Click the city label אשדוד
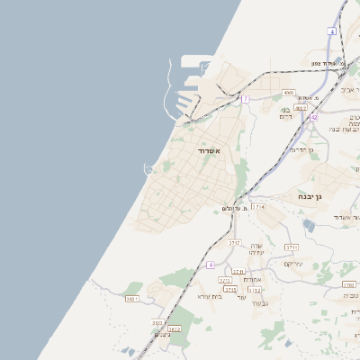point(209,151)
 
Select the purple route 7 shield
point(244,98)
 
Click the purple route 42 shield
point(313,117)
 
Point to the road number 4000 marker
point(289,92)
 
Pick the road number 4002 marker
point(301,108)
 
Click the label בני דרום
point(286,114)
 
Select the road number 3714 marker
point(259,207)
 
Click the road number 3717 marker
point(234,243)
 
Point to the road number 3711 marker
point(291,247)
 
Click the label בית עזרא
point(209,296)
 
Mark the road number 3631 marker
point(132,298)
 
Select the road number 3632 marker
point(175,329)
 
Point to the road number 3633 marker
point(157,322)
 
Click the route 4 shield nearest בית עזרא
point(211,265)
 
